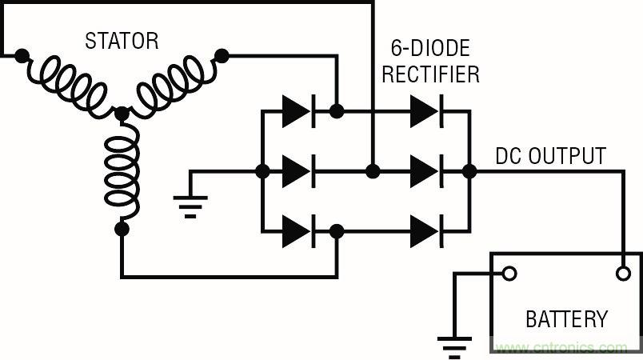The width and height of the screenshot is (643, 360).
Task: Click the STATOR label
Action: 122,41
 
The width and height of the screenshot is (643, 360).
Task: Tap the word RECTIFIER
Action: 430,74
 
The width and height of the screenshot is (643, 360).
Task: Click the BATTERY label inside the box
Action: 566,319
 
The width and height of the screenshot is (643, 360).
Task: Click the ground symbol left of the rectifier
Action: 190,203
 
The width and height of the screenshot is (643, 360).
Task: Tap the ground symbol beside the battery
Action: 454,344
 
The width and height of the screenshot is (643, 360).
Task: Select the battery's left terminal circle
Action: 509,274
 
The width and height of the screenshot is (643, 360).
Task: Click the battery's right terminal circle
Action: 624,274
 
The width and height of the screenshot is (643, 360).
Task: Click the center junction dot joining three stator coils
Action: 122,115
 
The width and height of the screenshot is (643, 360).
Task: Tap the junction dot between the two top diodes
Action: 337,112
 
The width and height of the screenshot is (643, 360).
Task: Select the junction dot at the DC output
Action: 469,171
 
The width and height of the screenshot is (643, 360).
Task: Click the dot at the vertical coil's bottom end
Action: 122,229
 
